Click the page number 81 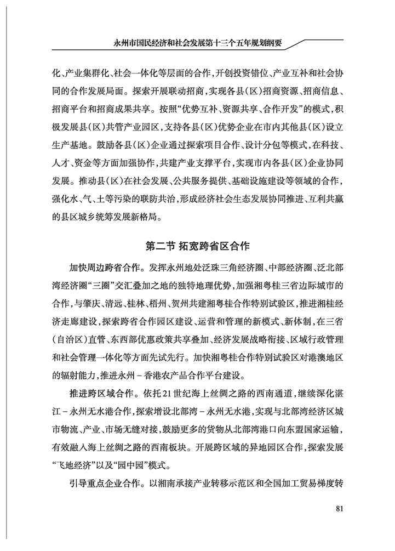tap(339, 508)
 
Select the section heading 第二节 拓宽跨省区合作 tap(197, 246)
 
